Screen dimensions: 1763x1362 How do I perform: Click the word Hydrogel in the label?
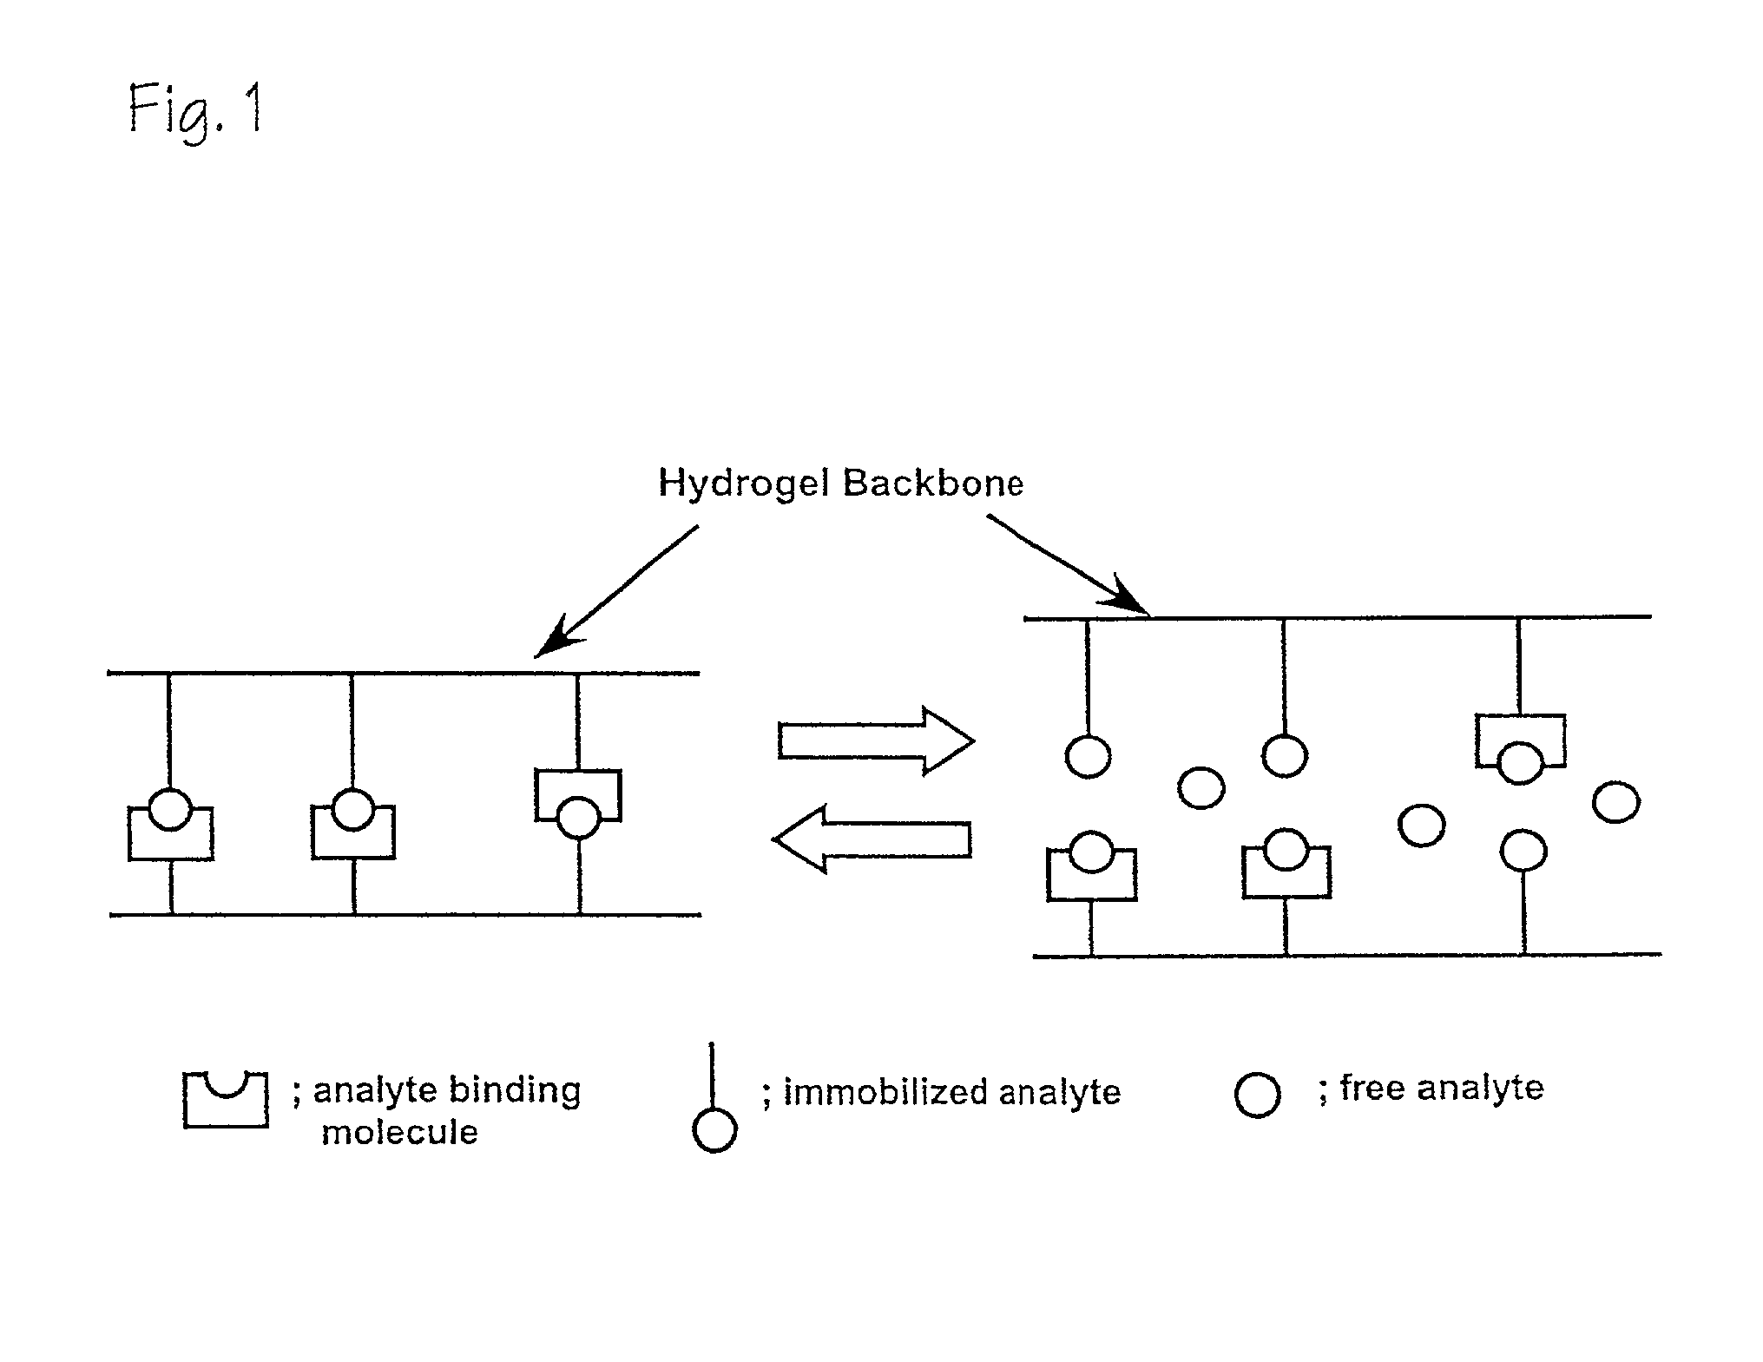pyautogui.click(x=744, y=484)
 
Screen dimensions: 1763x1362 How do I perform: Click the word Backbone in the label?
pyautogui.click(x=933, y=483)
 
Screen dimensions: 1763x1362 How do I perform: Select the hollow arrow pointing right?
pyautogui.click(x=876, y=740)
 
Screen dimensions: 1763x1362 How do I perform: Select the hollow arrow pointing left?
pyautogui.click(x=872, y=839)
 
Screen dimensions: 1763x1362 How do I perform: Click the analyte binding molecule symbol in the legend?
pyautogui.click(x=225, y=1100)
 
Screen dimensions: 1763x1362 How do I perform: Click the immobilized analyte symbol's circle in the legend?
pyautogui.click(x=714, y=1130)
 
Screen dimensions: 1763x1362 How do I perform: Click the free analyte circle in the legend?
pyautogui.click(x=1257, y=1095)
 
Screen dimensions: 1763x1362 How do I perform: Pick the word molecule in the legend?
pyautogui.click(x=399, y=1132)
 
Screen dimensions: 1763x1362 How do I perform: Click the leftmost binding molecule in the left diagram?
pyautogui.click(x=171, y=833)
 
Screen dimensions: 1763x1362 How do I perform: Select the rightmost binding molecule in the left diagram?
pyautogui.click(x=578, y=795)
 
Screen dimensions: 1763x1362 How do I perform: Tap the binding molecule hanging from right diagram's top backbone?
pyautogui.click(x=1520, y=740)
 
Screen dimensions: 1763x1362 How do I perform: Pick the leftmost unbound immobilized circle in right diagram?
pyautogui.click(x=1088, y=756)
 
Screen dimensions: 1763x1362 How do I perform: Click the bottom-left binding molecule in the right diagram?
pyautogui.click(x=1091, y=872)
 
